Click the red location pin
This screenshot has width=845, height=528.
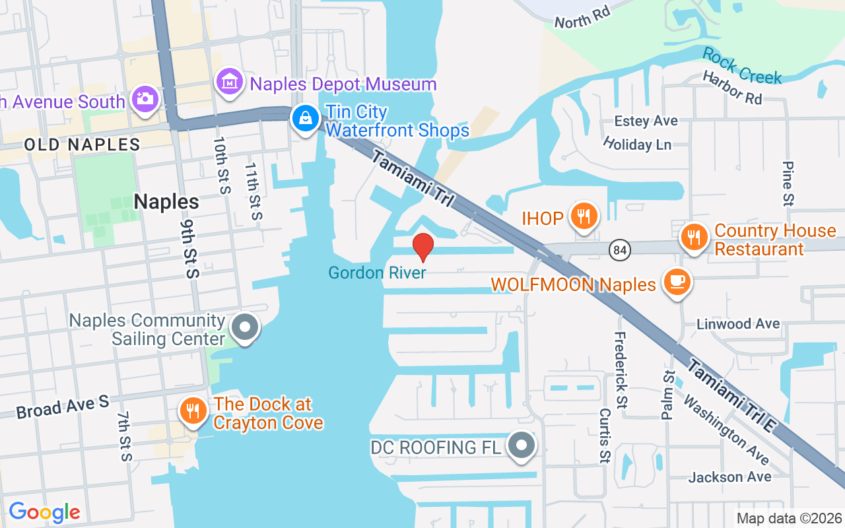(422, 247)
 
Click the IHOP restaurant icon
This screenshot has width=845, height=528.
(583, 216)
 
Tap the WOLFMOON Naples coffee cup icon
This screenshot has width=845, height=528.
(677, 281)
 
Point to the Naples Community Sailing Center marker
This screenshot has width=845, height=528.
(246, 327)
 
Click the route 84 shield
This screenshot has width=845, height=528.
(621, 249)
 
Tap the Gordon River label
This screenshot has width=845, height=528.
(378, 272)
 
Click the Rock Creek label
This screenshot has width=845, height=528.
(742, 66)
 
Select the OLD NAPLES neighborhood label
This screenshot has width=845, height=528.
(82, 145)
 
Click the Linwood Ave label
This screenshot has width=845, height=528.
(738, 324)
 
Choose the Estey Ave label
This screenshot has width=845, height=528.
(646, 121)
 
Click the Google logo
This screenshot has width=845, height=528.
(44, 511)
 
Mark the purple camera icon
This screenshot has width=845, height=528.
(143, 99)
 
